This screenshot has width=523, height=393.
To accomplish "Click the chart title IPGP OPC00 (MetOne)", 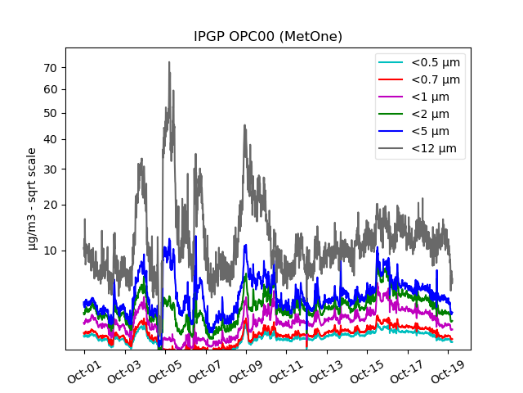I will coord(267,37).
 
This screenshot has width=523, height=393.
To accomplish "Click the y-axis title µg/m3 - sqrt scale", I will coord(32,198).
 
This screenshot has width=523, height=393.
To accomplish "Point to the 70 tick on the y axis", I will coord(56,67).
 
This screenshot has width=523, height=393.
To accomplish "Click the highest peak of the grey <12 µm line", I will coord(169,62).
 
